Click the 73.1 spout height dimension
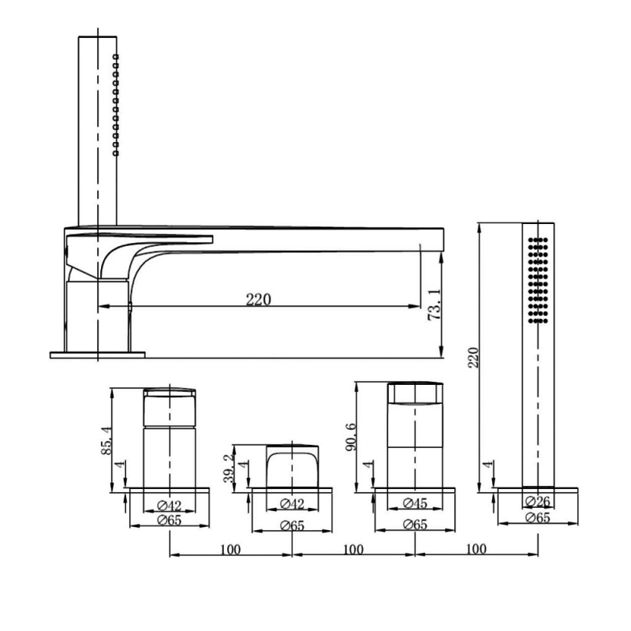435,304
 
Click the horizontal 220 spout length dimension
259,300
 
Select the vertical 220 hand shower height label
473,357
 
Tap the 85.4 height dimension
107,441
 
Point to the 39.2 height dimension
228,469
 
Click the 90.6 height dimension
351,436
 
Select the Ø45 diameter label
415,502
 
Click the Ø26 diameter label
538,502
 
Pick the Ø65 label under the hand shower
538,517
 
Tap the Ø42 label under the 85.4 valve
170,505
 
